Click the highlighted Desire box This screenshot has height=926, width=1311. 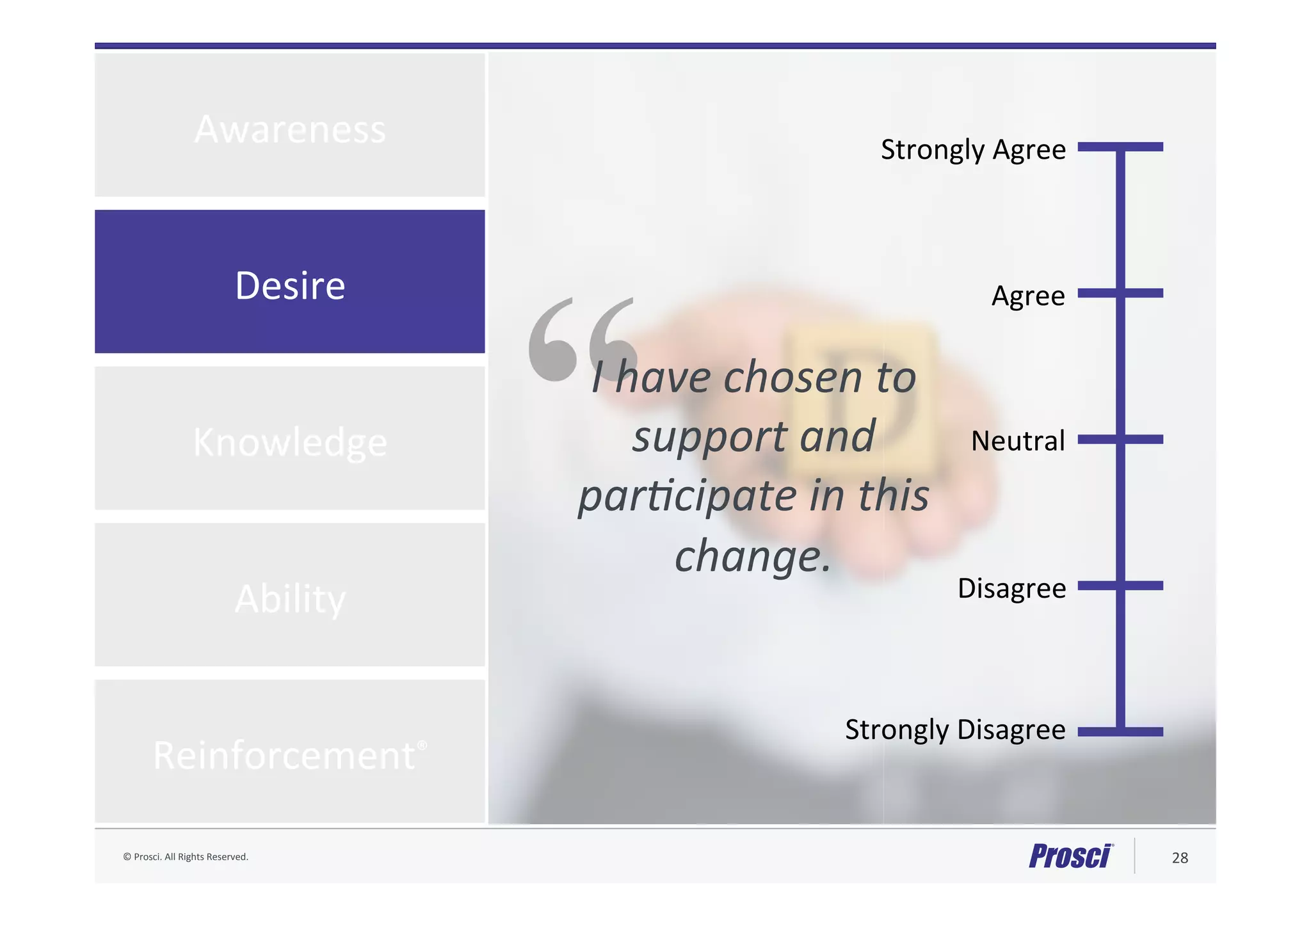(x=289, y=282)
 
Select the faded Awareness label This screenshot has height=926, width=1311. (x=290, y=129)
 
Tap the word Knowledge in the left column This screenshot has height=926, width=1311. (x=290, y=442)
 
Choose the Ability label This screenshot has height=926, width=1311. (x=290, y=599)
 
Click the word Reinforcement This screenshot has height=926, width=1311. (x=285, y=755)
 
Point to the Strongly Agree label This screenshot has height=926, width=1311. (x=972, y=150)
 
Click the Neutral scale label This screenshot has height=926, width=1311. (x=1017, y=441)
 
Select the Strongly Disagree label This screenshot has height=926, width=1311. (x=954, y=730)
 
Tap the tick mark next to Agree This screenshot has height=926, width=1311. (x=1120, y=293)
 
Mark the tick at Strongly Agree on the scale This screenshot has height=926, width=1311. (x=1120, y=147)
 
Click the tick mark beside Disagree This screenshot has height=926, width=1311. (x=1120, y=586)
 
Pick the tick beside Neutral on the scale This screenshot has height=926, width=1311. (x=1120, y=439)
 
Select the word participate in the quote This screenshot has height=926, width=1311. (x=688, y=497)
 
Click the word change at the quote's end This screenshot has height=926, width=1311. (x=746, y=555)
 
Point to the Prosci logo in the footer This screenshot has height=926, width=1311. (x=1070, y=856)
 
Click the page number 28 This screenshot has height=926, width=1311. (x=1179, y=858)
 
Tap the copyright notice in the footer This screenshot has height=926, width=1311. (x=186, y=857)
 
